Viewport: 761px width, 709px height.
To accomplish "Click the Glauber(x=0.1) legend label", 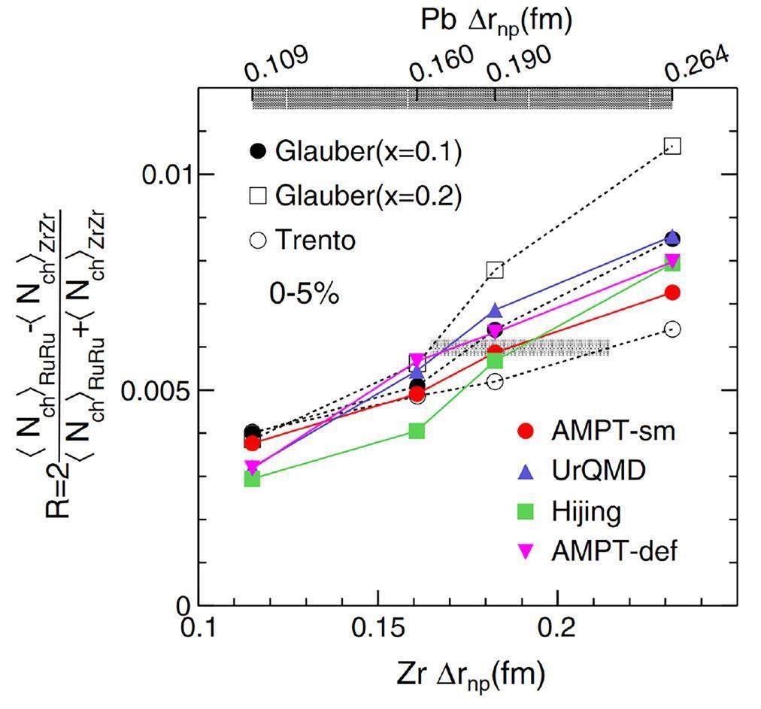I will click(x=367, y=151).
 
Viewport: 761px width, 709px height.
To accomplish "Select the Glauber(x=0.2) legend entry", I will click(x=367, y=196).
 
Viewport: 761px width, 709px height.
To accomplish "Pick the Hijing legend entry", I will click(x=586, y=512).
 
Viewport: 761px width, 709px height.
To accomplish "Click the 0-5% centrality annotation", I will click(x=305, y=294).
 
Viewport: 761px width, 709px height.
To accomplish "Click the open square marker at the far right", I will click(x=672, y=146).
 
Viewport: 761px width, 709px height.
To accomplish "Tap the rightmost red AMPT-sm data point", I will click(x=672, y=292).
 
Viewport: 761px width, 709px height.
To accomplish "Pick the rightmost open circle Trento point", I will click(x=672, y=329).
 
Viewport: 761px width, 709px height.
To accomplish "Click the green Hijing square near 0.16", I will click(x=417, y=431).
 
